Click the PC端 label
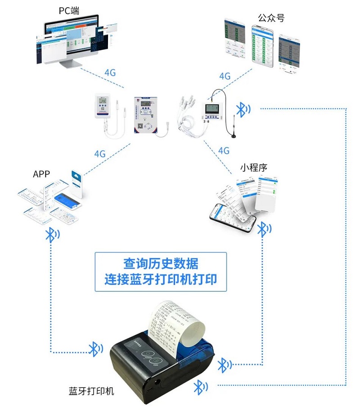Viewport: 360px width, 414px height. (x=69, y=11)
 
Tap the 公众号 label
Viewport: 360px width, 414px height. (x=271, y=18)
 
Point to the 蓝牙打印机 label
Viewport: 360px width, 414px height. (x=91, y=391)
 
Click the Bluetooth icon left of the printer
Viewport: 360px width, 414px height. (x=95, y=348)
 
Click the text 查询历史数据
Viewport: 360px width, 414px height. (x=161, y=264)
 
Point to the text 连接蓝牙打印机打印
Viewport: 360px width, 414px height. (x=161, y=279)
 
